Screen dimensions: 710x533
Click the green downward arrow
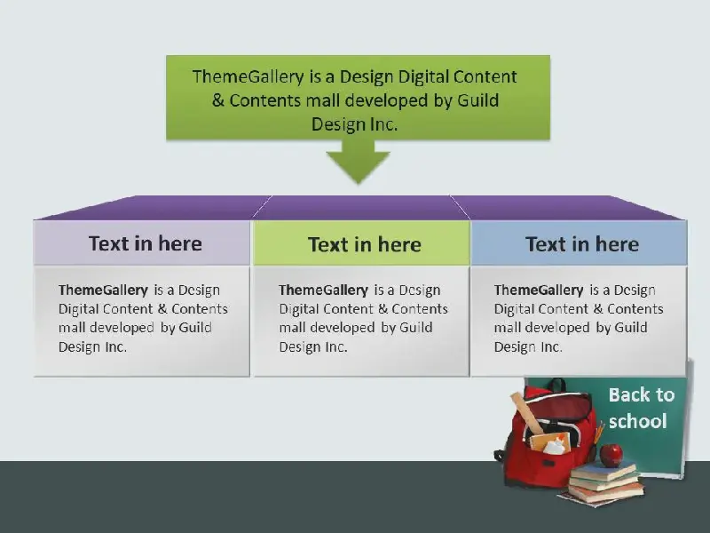359,161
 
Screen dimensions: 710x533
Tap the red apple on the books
611,455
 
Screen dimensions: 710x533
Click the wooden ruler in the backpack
528,413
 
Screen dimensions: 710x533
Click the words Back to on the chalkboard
642,394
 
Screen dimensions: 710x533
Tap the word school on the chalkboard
637,421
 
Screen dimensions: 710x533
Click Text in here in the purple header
146,243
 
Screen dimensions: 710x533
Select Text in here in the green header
365,245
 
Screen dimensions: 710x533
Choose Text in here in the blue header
582,244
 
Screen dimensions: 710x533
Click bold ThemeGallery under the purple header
103,290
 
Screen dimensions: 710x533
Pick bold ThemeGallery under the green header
323,290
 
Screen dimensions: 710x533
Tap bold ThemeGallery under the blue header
539,290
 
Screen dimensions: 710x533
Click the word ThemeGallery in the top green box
248,76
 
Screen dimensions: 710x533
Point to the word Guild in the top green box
477,100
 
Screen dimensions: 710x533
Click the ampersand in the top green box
218,100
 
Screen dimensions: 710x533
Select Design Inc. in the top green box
354,124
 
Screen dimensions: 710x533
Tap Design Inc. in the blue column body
528,347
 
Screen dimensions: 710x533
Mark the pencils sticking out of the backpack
599,432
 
